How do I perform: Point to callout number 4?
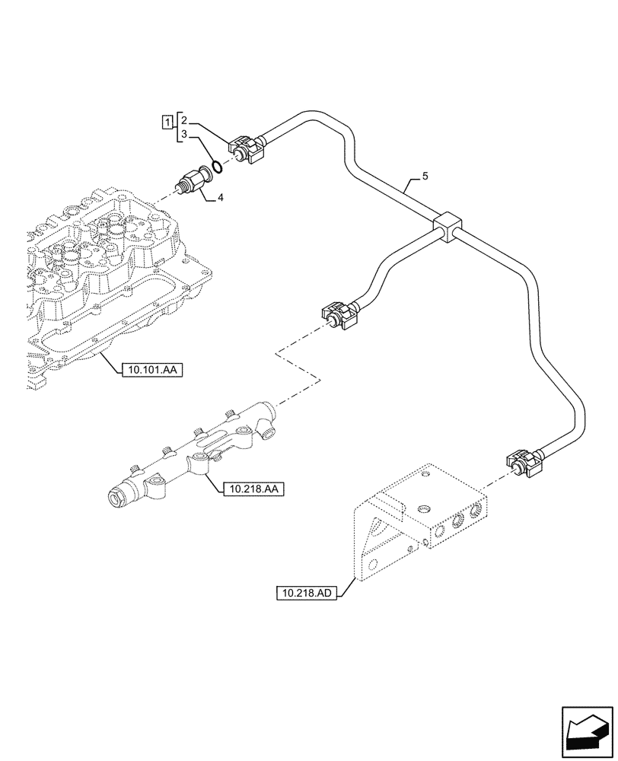coord(221,198)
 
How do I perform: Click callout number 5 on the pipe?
coord(425,177)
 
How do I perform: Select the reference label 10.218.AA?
coord(253,489)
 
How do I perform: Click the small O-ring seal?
coord(216,167)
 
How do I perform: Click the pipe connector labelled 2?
coord(246,149)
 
